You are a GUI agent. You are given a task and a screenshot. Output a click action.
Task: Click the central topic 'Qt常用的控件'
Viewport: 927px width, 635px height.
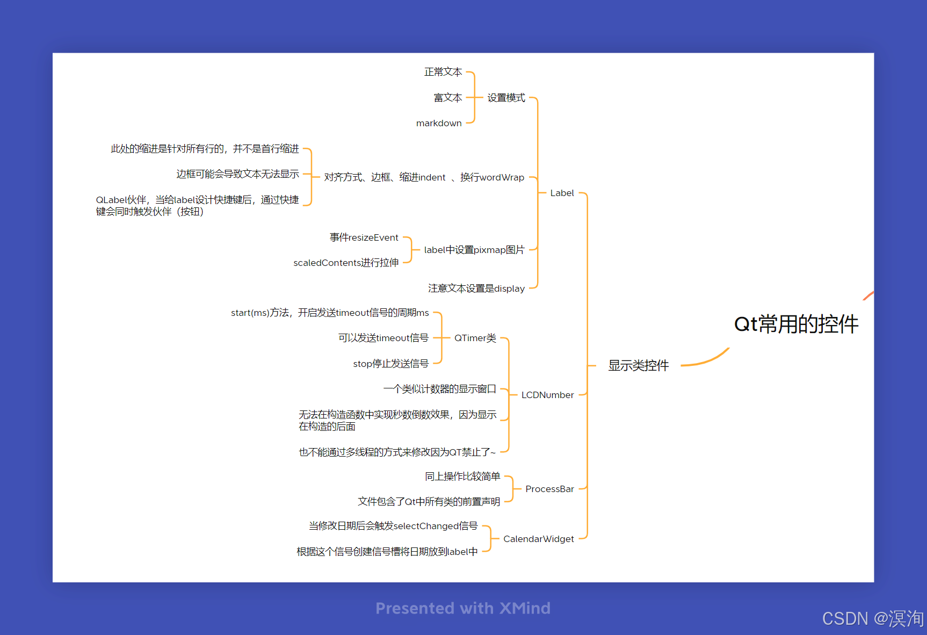(796, 324)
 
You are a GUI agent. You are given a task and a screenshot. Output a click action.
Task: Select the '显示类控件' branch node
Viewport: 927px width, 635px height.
(638, 366)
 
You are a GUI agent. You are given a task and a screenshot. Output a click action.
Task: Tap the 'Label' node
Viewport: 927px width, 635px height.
(562, 193)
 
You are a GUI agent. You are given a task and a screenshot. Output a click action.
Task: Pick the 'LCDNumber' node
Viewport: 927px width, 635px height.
(547, 395)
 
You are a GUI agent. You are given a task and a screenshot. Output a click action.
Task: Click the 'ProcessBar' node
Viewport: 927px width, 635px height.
(549, 489)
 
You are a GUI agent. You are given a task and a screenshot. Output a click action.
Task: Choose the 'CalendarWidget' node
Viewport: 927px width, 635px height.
(538, 539)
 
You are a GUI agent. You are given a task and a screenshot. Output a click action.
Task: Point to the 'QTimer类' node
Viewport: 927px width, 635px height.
(475, 338)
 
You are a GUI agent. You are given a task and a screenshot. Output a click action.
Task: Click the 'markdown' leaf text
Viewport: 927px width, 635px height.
(439, 123)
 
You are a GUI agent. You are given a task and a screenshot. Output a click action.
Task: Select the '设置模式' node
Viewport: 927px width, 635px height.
(506, 98)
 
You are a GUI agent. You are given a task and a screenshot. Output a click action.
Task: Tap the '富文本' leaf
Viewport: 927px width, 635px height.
(448, 98)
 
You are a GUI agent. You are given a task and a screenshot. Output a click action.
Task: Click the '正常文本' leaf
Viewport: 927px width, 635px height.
(443, 72)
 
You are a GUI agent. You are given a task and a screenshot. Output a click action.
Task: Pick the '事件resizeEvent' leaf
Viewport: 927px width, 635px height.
(364, 237)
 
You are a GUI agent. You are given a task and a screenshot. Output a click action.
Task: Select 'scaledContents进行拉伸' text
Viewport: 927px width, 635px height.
(346, 263)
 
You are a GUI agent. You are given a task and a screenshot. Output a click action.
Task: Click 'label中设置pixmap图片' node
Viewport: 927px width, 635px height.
(474, 250)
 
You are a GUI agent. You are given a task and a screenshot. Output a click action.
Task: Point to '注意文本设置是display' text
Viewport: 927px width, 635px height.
(476, 288)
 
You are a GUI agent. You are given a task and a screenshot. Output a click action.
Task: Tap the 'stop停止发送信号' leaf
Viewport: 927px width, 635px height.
(390, 364)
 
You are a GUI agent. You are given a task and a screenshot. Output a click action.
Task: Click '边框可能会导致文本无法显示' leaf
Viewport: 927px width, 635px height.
(237, 174)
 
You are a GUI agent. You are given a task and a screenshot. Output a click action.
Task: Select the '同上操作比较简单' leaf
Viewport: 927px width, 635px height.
(462, 477)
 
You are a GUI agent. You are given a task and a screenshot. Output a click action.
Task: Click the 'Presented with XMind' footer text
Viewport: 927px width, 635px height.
(463, 608)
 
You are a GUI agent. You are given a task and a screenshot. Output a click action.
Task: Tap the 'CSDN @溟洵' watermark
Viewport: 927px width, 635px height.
(873, 619)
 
